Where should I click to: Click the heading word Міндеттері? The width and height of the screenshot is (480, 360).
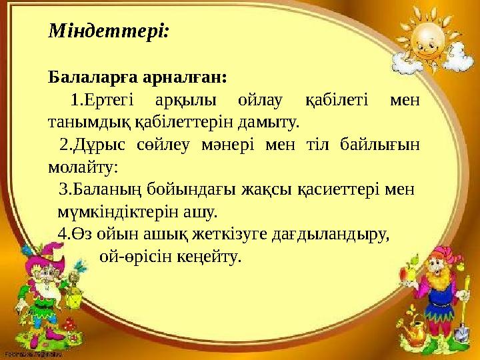[109, 31]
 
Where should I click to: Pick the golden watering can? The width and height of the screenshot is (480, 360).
[419, 330]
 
